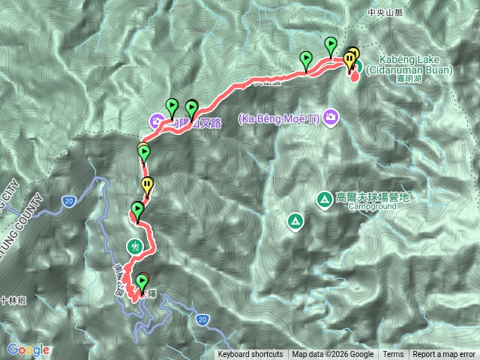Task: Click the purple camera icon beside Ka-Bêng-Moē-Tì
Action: [x=332, y=118]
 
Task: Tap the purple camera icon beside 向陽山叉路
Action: [x=156, y=120]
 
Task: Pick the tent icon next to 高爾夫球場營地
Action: [x=324, y=199]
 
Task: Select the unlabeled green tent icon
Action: [x=295, y=221]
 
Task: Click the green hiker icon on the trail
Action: [x=134, y=245]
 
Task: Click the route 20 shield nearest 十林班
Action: [x=68, y=200]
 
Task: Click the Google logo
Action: [x=28, y=349]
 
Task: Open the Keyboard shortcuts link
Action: [x=250, y=355]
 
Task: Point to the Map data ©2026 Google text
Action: [x=333, y=355]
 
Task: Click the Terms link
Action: [x=393, y=355]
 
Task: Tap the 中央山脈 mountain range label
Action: [x=385, y=13]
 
